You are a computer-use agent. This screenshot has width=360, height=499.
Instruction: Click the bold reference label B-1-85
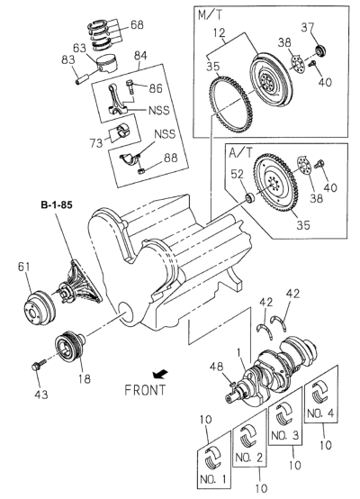57,205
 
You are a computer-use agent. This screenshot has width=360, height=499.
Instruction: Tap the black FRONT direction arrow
160,375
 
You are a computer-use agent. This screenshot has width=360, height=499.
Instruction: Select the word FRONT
145,390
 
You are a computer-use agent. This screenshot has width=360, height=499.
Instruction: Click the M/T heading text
211,14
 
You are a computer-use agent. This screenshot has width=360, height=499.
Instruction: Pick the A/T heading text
240,153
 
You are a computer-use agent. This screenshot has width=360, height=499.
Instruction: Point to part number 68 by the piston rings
137,25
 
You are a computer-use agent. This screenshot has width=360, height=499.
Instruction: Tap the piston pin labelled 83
81,79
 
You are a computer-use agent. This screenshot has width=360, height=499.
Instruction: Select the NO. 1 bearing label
213,478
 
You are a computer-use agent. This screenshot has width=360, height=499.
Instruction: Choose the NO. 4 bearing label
320,413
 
